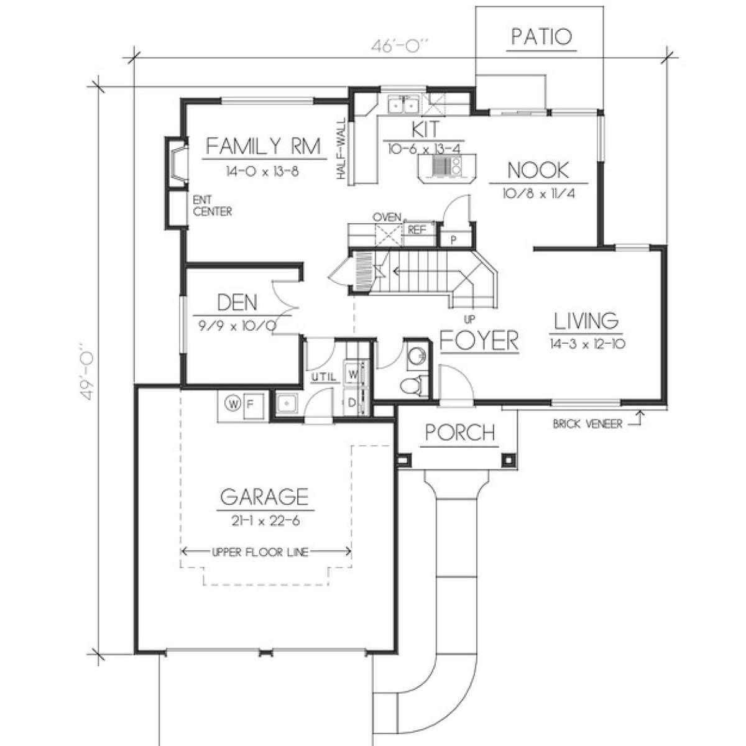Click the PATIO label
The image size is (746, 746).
pyautogui.click(x=541, y=37)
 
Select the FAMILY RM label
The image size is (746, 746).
pyautogui.click(x=263, y=146)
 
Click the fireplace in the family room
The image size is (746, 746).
pyautogui.click(x=178, y=163)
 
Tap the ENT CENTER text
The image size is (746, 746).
pyautogui.click(x=212, y=206)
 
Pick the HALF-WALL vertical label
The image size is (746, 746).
pyautogui.click(x=341, y=154)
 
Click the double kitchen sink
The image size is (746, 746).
pyautogui.click(x=403, y=104)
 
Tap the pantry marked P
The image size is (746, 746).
pyautogui.click(x=454, y=240)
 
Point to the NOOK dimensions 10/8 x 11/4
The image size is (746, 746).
pyautogui.click(x=539, y=193)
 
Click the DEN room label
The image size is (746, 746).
pyautogui.click(x=237, y=302)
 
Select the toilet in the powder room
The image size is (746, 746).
pyautogui.click(x=414, y=385)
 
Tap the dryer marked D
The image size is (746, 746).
pyautogui.click(x=351, y=403)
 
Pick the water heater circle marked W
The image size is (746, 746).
pyautogui.click(x=233, y=405)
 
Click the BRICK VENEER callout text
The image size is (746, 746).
pyautogui.click(x=587, y=425)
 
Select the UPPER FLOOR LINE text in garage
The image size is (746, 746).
pyautogui.click(x=260, y=552)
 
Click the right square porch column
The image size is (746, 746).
pyautogui.click(x=508, y=460)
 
